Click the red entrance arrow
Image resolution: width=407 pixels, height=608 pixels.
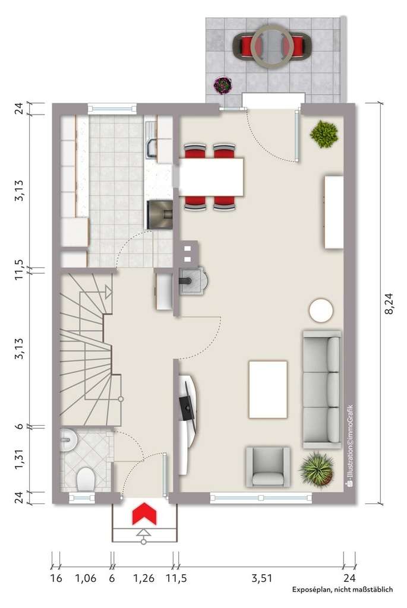[143, 514]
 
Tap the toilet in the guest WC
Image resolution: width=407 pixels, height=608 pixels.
[86, 478]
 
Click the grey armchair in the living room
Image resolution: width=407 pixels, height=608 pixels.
[268, 467]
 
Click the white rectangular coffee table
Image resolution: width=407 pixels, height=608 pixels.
[268, 389]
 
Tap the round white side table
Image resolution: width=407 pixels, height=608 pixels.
[321, 310]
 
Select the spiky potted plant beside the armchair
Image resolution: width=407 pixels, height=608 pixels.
[317, 468]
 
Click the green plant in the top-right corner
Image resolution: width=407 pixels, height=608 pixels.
[324, 134]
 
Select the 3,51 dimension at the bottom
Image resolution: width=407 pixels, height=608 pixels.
[261, 577]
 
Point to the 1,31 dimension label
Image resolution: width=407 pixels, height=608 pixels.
[20, 459]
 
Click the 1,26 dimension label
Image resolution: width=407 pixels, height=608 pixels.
[143, 577]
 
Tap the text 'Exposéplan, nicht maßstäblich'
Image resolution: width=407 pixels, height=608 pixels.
[342, 590]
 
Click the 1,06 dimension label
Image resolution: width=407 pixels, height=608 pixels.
[86, 577]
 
